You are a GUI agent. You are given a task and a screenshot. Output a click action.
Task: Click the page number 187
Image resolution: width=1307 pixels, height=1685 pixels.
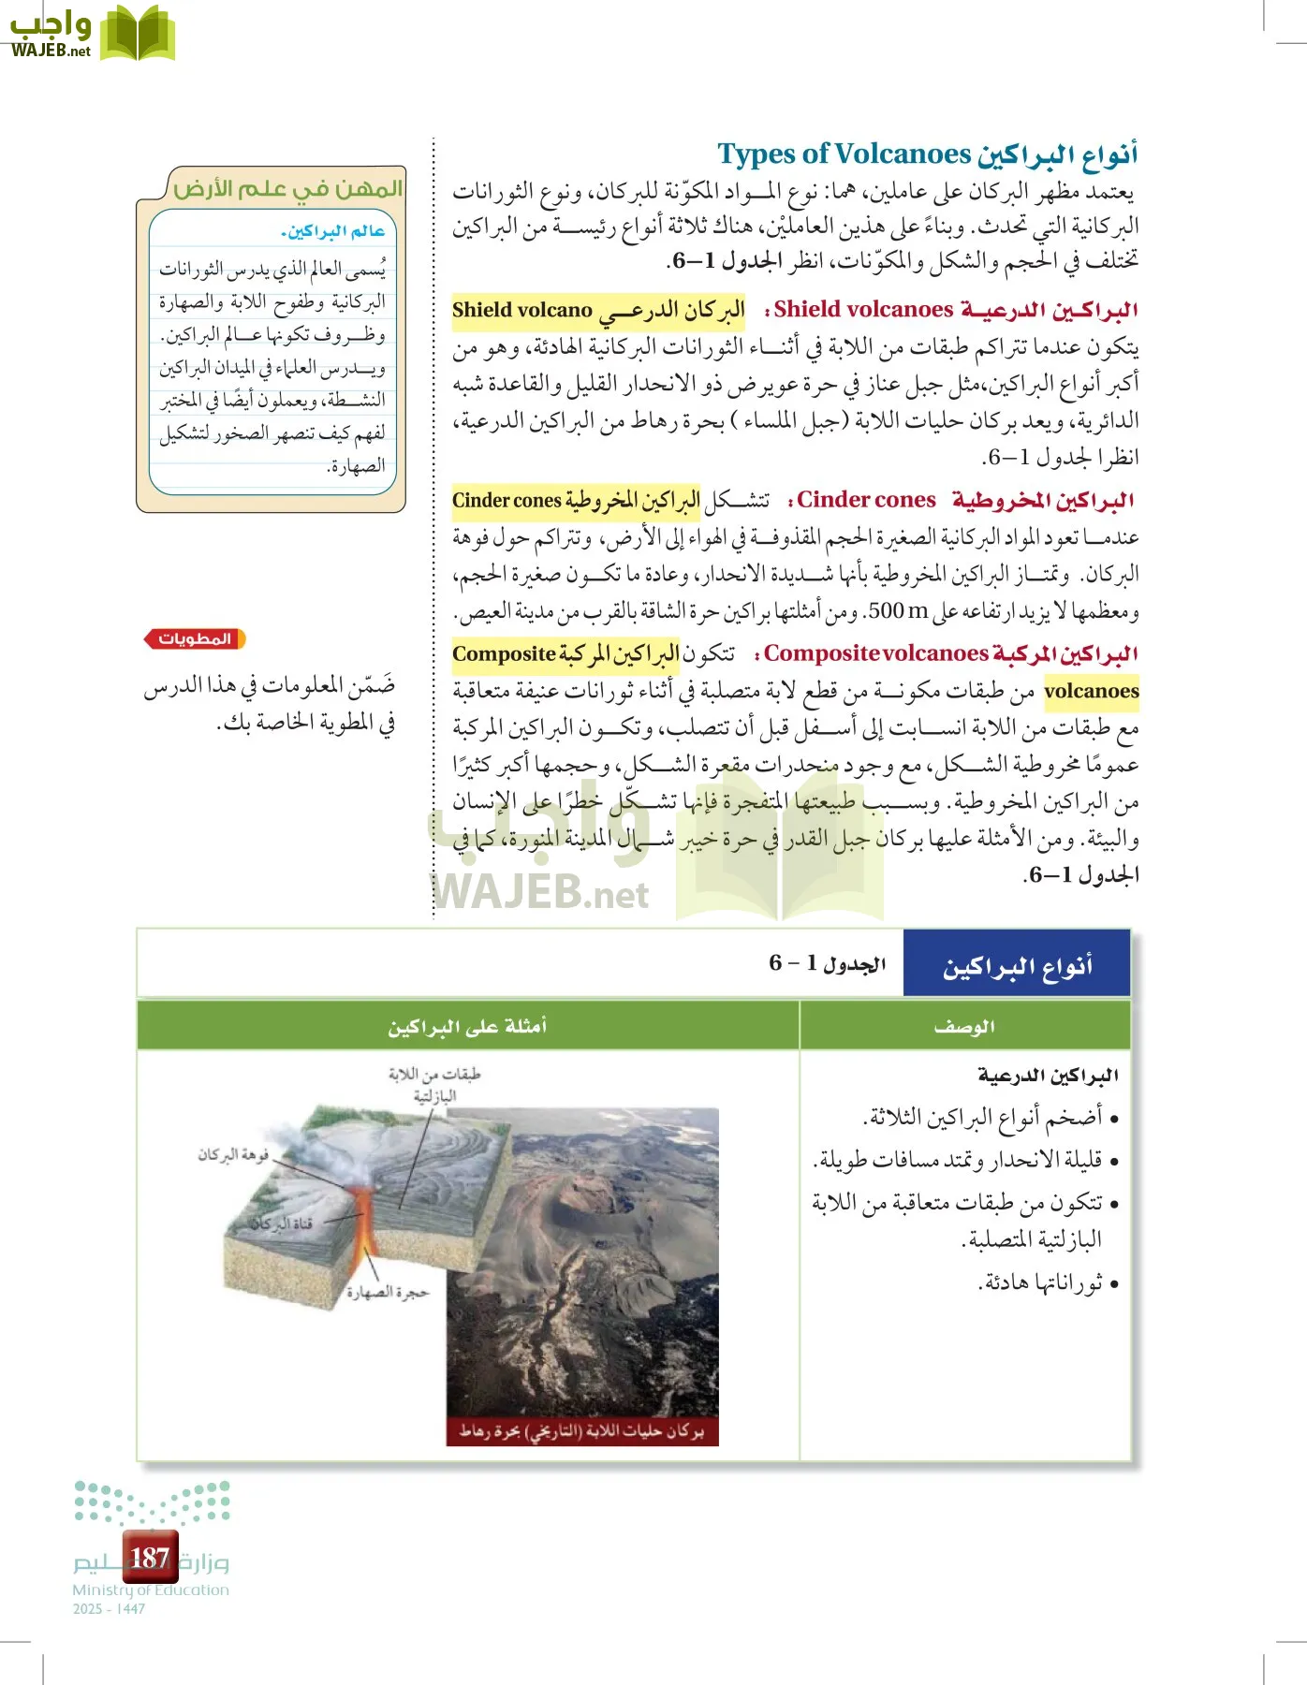150,1558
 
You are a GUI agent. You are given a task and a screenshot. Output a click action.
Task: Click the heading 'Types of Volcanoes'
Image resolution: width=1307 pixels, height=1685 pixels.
844,154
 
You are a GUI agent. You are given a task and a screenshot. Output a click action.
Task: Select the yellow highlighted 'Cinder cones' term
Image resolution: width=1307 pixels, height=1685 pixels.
507,501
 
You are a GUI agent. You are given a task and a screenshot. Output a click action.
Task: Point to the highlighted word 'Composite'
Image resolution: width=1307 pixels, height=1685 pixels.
504,654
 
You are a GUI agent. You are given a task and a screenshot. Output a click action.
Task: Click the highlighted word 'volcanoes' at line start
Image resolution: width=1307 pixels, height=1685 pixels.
1091,692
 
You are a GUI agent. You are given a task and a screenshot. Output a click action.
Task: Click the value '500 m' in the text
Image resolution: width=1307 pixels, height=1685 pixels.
898,611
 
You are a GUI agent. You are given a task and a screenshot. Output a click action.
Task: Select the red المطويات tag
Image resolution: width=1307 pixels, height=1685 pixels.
195,639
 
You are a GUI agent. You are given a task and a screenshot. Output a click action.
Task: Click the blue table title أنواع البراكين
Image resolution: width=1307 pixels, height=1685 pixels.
1017,965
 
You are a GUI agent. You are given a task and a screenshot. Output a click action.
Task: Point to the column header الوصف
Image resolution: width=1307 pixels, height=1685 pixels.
964,1027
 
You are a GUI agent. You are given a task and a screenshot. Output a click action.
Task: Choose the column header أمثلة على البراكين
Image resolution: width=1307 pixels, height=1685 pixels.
467,1027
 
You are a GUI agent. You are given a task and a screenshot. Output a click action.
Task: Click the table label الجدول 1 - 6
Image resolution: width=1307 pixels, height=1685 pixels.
827,963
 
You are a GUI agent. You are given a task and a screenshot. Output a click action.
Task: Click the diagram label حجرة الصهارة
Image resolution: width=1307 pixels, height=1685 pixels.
387,1293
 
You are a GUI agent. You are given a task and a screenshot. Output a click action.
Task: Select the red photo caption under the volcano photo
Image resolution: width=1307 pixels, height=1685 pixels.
581,1431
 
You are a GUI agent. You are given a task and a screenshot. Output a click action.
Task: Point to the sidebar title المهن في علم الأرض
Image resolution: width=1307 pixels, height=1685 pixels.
287,189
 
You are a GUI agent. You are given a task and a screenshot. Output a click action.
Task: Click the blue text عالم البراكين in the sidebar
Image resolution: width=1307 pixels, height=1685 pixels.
333,231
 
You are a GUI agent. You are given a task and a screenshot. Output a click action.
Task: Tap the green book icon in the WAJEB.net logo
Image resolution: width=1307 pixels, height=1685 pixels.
138,33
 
